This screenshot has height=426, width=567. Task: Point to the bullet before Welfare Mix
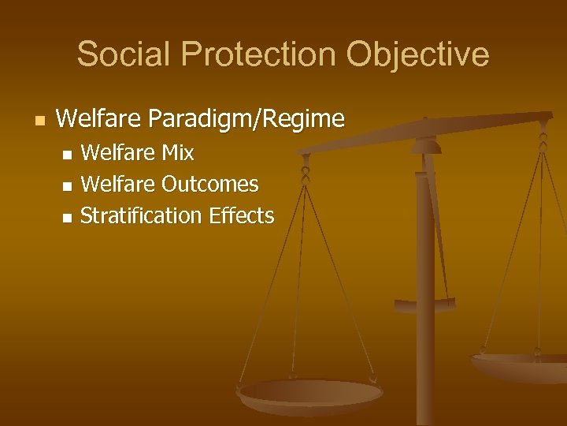point(66,153)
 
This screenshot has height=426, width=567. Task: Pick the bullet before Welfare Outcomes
point(66,185)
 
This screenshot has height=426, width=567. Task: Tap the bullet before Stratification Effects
point(66,217)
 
